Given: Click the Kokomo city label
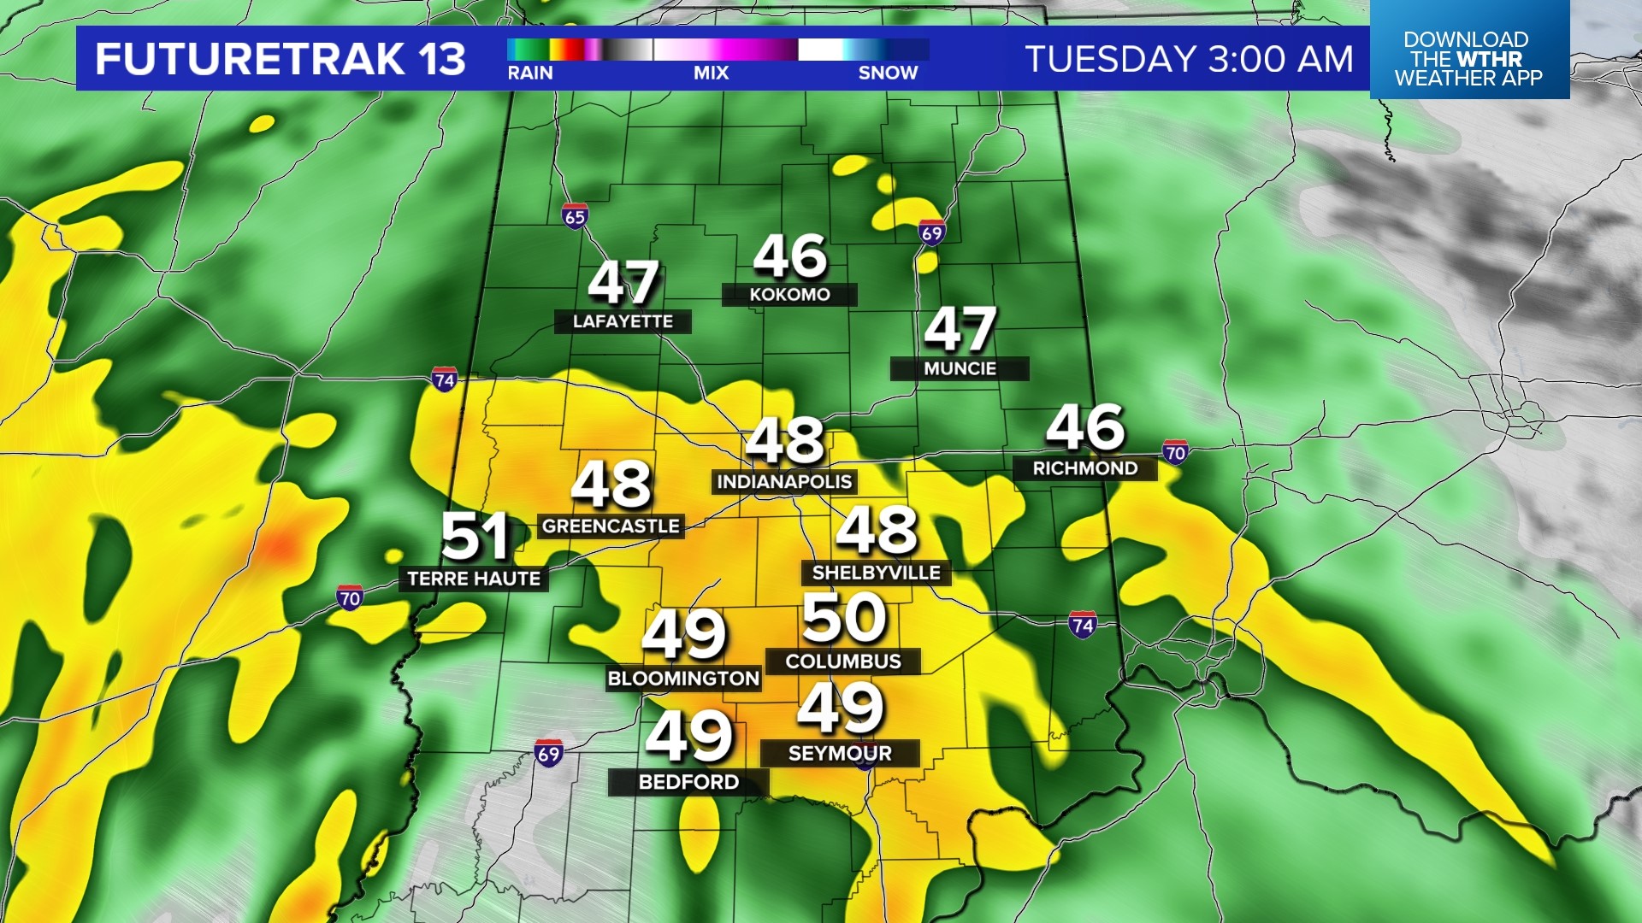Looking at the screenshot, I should (789, 295).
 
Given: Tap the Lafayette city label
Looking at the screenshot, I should (623, 321).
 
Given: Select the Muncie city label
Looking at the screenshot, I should (960, 368).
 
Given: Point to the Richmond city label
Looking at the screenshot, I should (1084, 468).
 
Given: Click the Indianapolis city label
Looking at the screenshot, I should (784, 482).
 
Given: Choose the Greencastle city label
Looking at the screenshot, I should (611, 526).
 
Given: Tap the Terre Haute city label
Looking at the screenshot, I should (474, 579).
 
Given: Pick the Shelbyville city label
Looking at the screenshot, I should (876, 573).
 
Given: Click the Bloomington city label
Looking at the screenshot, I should (683, 679).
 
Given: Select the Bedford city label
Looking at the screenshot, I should (688, 782).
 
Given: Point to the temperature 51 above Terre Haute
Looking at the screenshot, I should (475, 537).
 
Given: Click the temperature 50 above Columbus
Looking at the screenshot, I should (844, 619).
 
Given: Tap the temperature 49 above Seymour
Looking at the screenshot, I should (840, 708).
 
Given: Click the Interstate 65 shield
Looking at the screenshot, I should (575, 216).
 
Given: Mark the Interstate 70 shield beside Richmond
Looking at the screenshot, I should (1175, 453).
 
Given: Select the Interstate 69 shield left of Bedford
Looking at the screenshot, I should (548, 754).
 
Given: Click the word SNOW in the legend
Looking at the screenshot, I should (888, 73).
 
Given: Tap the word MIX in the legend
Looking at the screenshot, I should (711, 73).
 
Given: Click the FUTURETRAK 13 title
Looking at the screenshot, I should (281, 59).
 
